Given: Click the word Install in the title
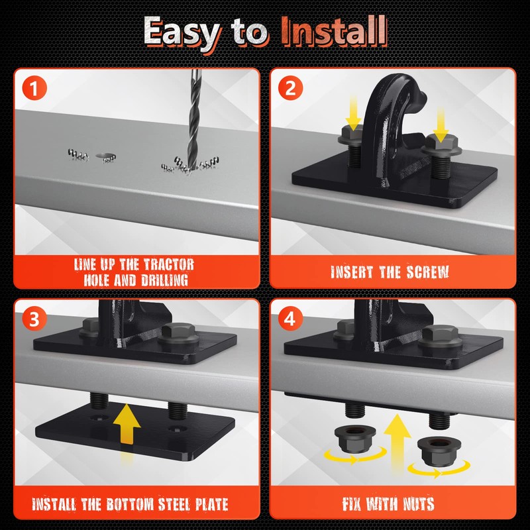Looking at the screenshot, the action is (334, 31).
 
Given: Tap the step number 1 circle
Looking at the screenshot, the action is (34, 88).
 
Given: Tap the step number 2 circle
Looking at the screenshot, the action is (290, 88).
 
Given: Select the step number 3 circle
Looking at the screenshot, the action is (34, 319).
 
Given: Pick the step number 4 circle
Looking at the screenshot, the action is (290, 319).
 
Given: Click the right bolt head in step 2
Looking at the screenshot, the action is (441, 146).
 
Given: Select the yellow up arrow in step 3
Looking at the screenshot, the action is (127, 424).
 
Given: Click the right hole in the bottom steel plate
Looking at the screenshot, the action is (177, 429).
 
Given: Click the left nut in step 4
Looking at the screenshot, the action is (355, 439).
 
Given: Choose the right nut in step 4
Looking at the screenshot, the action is (439, 451).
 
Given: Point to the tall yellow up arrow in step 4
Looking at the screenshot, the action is (397, 443).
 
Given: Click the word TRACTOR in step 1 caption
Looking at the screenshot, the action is (169, 264).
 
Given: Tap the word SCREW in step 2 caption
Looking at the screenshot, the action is (427, 272).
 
